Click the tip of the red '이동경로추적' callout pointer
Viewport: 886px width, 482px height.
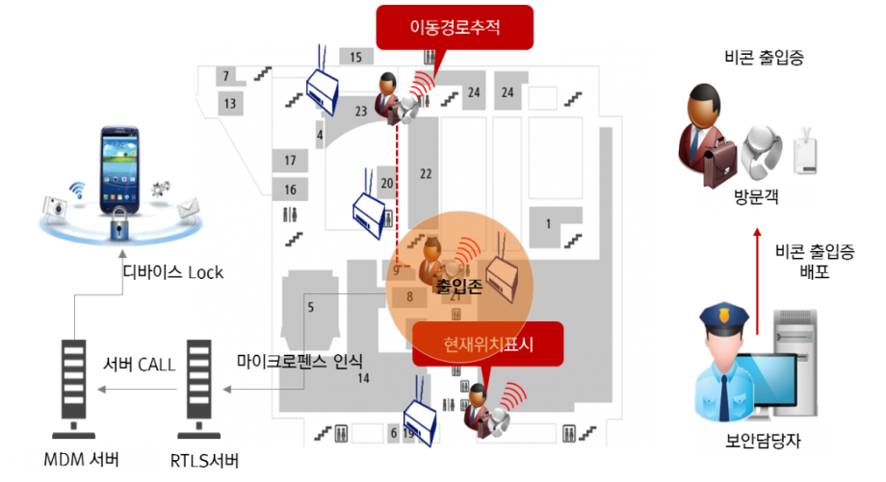coord(434,79)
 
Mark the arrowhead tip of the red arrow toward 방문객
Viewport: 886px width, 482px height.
coord(757,228)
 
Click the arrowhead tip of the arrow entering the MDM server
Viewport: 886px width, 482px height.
coord(98,390)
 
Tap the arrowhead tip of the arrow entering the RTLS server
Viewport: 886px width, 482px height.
coord(223,390)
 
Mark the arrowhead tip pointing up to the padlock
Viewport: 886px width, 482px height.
coord(122,250)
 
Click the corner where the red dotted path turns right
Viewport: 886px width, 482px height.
coord(397,266)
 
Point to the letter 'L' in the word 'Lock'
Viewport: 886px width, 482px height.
coord(192,272)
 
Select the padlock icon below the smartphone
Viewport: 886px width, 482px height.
coord(119,224)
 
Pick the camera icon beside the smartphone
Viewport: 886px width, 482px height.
coord(55,206)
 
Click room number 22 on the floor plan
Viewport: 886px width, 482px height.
coord(426,174)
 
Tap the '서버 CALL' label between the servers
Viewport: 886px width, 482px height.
coord(139,365)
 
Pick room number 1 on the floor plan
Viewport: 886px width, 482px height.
coord(548,224)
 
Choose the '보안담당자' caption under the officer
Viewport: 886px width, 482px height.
coord(763,441)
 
